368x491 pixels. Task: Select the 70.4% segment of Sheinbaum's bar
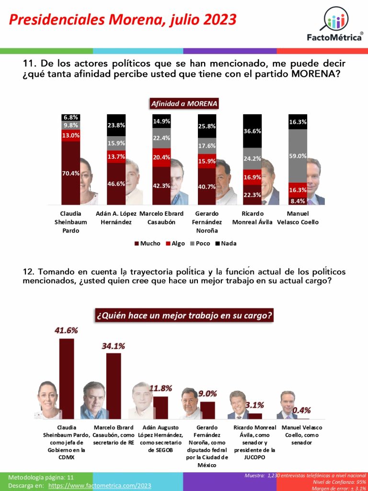(x=70, y=174)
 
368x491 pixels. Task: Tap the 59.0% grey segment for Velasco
(x=298, y=156)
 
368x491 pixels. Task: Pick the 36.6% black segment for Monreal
(x=253, y=131)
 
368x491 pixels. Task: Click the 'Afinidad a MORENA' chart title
(x=184, y=103)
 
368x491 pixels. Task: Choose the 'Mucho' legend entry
(x=148, y=243)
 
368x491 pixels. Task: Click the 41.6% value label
(x=66, y=330)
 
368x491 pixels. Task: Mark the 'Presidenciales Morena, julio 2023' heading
(x=123, y=20)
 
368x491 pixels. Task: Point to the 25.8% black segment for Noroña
(x=207, y=126)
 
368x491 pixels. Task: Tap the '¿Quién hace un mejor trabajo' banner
(x=184, y=316)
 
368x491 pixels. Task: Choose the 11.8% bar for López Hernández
(x=161, y=408)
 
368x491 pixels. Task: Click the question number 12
(x=28, y=272)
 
